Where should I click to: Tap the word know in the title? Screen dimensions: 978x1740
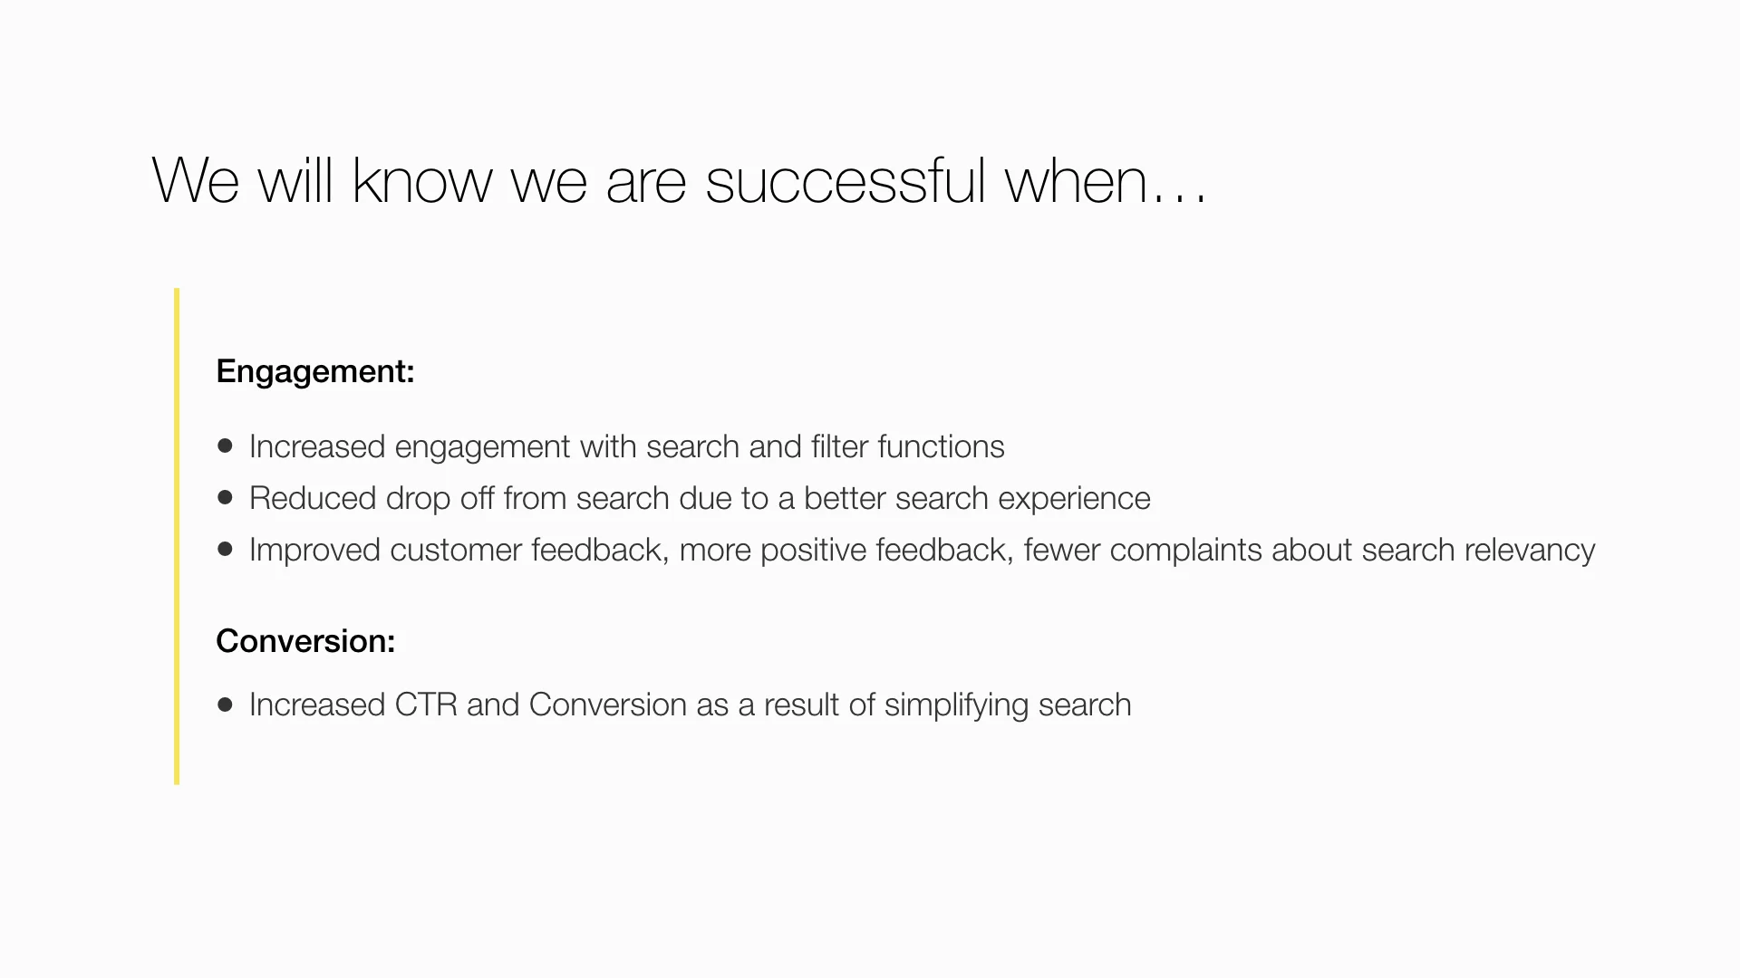[x=421, y=181]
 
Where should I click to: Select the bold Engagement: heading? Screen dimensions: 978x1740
[x=315, y=371]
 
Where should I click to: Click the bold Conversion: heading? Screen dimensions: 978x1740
[x=305, y=641]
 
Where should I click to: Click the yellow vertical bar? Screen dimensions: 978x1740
[x=177, y=536]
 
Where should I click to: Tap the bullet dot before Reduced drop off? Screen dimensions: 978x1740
[x=226, y=497]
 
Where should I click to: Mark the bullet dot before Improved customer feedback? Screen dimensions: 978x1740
[x=226, y=549]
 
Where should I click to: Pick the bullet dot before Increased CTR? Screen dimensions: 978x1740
[x=226, y=704]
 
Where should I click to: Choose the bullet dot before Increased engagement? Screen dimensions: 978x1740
[x=226, y=446]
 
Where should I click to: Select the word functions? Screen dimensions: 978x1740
[x=941, y=446]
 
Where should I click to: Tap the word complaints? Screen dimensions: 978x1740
[x=1185, y=551]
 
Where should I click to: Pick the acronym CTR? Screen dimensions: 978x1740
[x=426, y=705]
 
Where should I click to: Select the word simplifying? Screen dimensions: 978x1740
[x=956, y=705]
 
